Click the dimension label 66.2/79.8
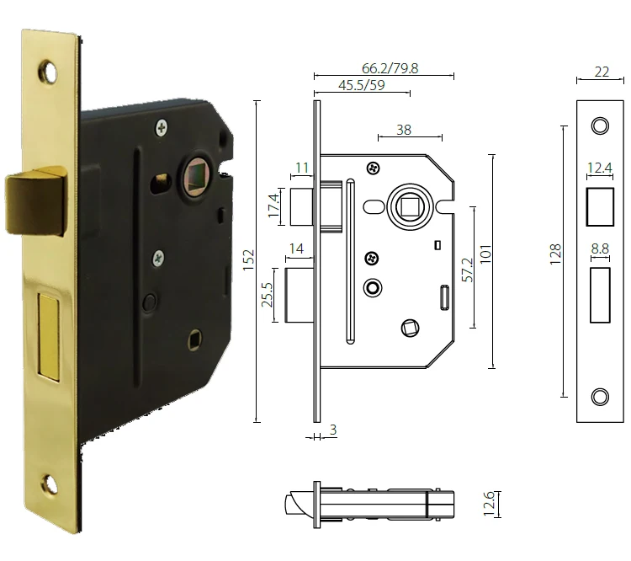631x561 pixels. coord(384,67)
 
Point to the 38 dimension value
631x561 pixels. coord(404,129)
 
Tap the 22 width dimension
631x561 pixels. coord(601,72)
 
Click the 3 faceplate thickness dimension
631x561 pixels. coord(333,430)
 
